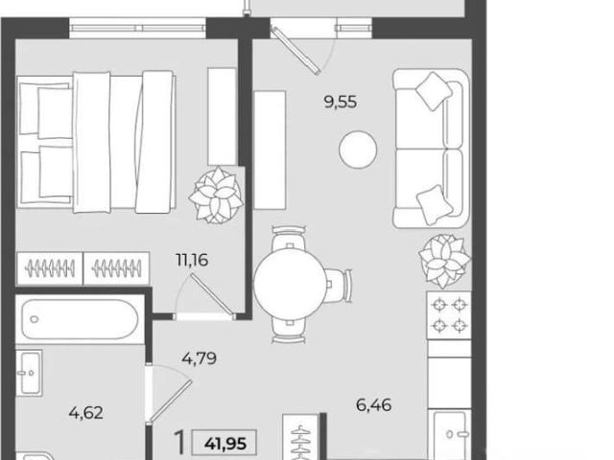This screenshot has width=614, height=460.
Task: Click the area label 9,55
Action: [x=341, y=103]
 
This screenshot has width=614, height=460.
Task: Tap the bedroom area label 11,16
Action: [x=192, y=260]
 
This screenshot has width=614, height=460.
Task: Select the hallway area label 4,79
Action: [x=199, y=358]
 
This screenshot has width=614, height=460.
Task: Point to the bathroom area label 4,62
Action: [x=86, y=413]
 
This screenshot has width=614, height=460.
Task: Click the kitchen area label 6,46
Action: [x=373, y=404]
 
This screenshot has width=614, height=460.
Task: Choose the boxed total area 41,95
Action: [x=225, y=444]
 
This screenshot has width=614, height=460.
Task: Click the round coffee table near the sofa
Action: [x=358, y=149]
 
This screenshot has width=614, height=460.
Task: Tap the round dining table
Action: [x=290, y=285]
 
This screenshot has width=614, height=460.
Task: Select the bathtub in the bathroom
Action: [x=80, y=319]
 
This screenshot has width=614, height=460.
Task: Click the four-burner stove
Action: [x=449, y=315]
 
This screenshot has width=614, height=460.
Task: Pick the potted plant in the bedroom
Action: [x=216, y=195]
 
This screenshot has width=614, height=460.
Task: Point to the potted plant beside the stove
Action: [x=444, y=260]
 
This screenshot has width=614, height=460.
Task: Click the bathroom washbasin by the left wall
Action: [x=30, y=373]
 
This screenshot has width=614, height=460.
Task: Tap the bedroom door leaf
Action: [x=213, y=293]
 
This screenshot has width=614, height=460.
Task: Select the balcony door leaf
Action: [x=296, y=50]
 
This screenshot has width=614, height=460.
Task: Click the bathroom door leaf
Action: [x=170, y=401]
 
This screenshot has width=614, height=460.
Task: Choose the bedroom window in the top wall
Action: [x=138, y=28]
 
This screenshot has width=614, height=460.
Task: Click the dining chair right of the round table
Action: [x=337, y=285]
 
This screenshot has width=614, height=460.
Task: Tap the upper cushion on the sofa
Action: [x=434, y=91]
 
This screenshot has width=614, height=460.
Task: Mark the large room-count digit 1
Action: [x=180, y=441]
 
